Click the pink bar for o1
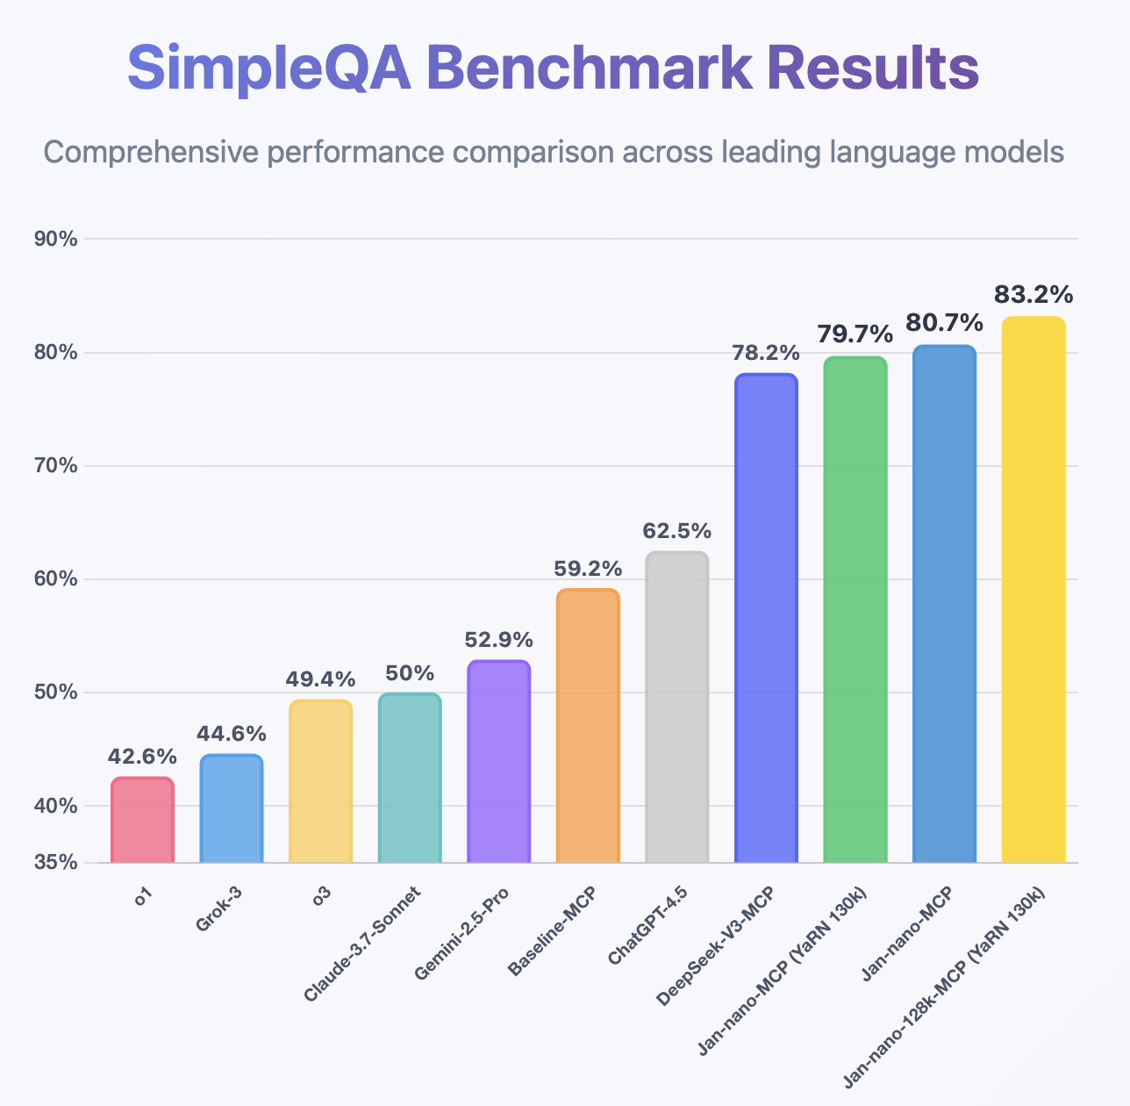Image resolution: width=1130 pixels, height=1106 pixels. coord(142,820)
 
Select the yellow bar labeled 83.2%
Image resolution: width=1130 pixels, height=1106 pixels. coord(1033,589)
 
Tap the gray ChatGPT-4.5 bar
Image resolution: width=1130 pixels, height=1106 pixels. coord(676,707)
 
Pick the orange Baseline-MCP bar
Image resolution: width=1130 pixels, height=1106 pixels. coord(588,725)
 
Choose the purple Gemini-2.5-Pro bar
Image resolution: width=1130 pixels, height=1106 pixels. coord(498,761)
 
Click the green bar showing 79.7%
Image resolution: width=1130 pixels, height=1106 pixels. coord(855,609)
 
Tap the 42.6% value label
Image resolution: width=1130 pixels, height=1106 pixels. coord(142,757)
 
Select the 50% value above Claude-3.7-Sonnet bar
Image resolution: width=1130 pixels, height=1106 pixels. coord(410,673)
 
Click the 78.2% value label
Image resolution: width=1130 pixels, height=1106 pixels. coord(766,353)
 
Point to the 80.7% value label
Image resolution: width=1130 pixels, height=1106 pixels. coord(944,324)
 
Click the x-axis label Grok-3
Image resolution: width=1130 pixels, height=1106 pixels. coord(218,909)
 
